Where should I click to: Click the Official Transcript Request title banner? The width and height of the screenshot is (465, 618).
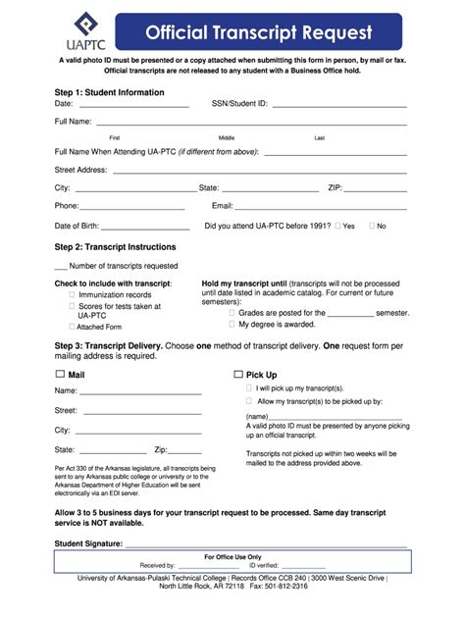259,32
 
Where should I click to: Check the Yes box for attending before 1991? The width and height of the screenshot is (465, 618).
337,226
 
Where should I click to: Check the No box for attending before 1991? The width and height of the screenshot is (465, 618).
371,226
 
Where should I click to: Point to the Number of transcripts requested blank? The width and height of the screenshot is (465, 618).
61,266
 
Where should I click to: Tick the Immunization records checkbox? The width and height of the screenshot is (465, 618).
72,294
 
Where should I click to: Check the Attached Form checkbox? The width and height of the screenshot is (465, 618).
72,327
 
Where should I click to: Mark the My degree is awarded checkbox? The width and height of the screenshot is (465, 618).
232,324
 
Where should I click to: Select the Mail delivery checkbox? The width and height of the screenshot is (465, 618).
60,374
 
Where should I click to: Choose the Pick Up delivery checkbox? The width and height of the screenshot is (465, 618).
238,374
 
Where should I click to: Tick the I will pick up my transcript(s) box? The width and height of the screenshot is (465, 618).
248,387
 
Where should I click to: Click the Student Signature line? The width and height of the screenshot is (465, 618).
265,544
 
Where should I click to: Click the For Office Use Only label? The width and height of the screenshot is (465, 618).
232,556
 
